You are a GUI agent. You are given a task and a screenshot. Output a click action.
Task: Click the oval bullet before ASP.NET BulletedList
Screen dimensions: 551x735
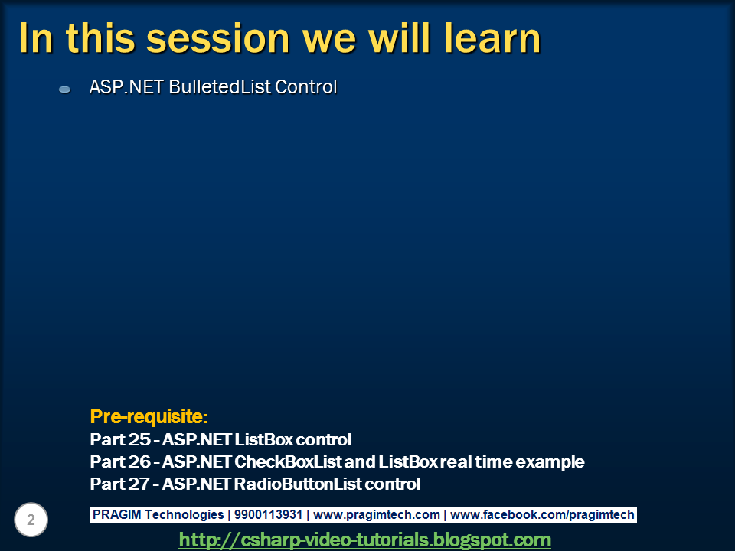pyautogui.click(x=65, y=90)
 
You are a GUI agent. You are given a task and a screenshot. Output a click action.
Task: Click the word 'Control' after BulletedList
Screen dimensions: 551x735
pyautogui.click(x=305, y=87)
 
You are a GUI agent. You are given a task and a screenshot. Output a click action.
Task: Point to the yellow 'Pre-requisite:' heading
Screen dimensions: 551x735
pyautogui.click(x=149, y=417)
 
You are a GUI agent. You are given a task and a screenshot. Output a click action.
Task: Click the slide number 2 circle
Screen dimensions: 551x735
pyautogui.click(x=31, y=520)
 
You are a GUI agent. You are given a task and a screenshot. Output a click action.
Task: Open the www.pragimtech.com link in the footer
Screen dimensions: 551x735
pyautogui.click(x=377, y=515)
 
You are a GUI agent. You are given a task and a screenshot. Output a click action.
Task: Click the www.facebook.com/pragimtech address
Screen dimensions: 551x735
pyautogui.click(x=542, y=515)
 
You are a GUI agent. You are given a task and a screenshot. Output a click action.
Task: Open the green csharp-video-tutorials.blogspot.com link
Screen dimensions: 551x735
pyautogui.click(x=364, y=540)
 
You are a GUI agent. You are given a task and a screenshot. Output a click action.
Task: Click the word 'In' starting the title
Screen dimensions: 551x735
pyautogui.click(x=35, y=38)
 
